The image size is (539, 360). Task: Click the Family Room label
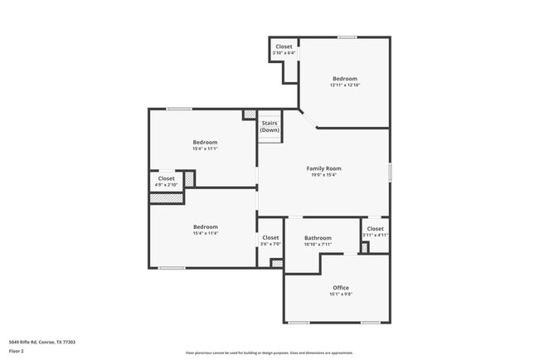pyautogui.click(x=324, y=168)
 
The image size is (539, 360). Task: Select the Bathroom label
pyautogui.click(x=318, y=238)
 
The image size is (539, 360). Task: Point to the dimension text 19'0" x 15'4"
pyautogui.click(x=324, y=175)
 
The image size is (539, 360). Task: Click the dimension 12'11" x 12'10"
pyautogui.click(x=345, y=85)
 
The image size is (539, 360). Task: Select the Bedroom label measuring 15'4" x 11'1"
pyautogui.click(x=206, y=142)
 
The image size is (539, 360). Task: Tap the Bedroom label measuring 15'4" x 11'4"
pyautogui.click(x=206, y=226)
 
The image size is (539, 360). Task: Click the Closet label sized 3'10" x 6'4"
pyautogui.click(x=284, y=46)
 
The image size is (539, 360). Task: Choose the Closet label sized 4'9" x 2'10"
pyautogui.click(x=167, y=178)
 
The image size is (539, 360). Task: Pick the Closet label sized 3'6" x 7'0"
pyautogui.click(x=270, y=238)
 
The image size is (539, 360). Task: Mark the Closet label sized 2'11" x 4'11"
pyautogui.click(x=375, y=229)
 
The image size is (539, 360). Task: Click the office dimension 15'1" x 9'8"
pyautogui.click(x=341, y=294)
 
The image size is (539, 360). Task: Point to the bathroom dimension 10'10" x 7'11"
pyautogui.click(x=318, y=245)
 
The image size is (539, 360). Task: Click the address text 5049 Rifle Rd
pyautogui.click(x=42, y=341)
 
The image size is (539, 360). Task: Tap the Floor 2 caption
pyautogui.click(x=17, y=350)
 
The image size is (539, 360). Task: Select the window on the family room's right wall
pyautogui.click(x=390, y=172)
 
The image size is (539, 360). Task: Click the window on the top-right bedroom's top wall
pyautogui.click(x=347, y=36)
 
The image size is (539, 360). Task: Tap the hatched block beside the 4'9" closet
pyautogui.click(x=189, y=178)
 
